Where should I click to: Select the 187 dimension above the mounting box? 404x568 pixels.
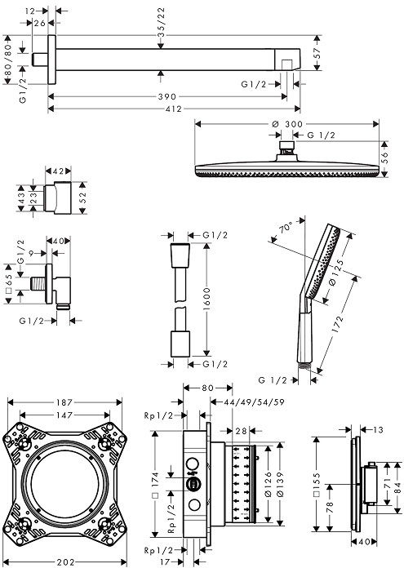pos(66,402)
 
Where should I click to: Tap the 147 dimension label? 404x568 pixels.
pos(66,415)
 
